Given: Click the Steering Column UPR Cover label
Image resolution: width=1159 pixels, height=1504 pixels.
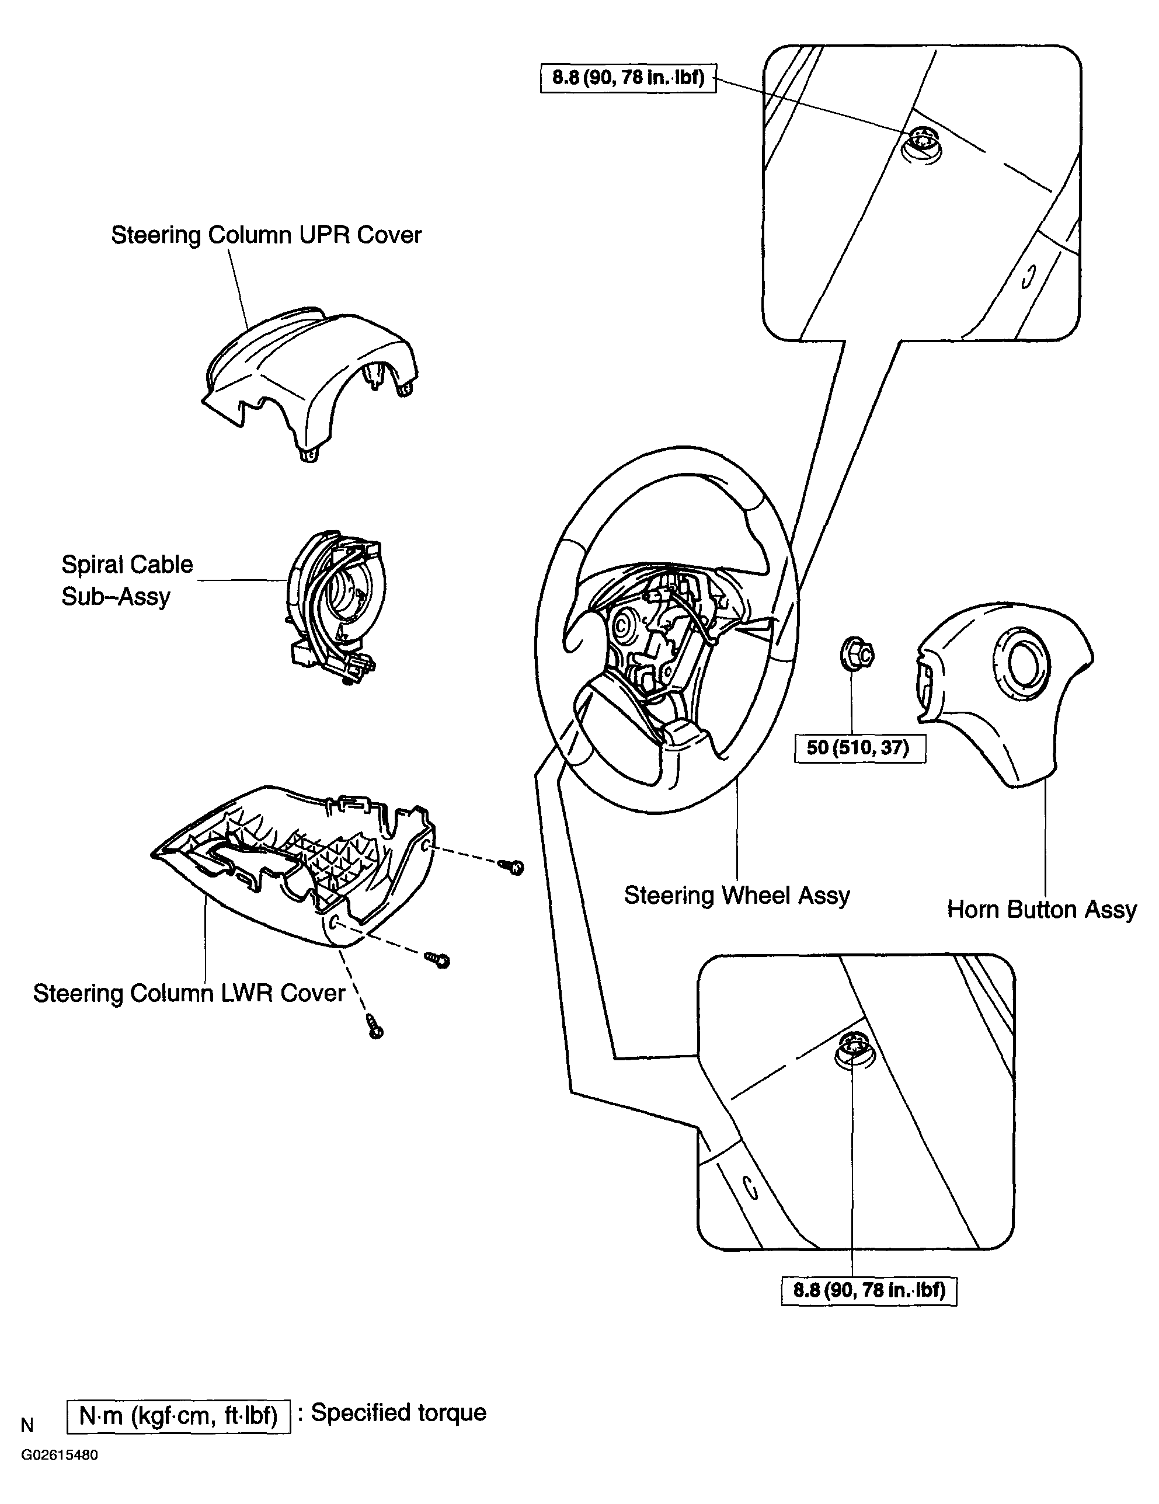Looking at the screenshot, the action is (x=266, y=235).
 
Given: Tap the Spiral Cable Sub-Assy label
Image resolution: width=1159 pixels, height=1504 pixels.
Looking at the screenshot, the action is (x=127, y=580).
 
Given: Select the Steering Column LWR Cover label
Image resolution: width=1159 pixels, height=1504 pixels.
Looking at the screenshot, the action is (x=189, y=993).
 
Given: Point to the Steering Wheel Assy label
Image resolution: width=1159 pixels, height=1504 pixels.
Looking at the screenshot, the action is (x=737, y=895).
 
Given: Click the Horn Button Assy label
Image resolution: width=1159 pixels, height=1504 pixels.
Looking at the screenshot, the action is (x=1042, y=910).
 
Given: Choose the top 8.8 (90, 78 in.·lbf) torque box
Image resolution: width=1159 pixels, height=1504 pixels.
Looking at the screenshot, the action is (x=628, y=78).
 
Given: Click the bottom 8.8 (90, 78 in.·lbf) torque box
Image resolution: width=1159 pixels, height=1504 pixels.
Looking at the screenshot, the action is (x=869, y=1290).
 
